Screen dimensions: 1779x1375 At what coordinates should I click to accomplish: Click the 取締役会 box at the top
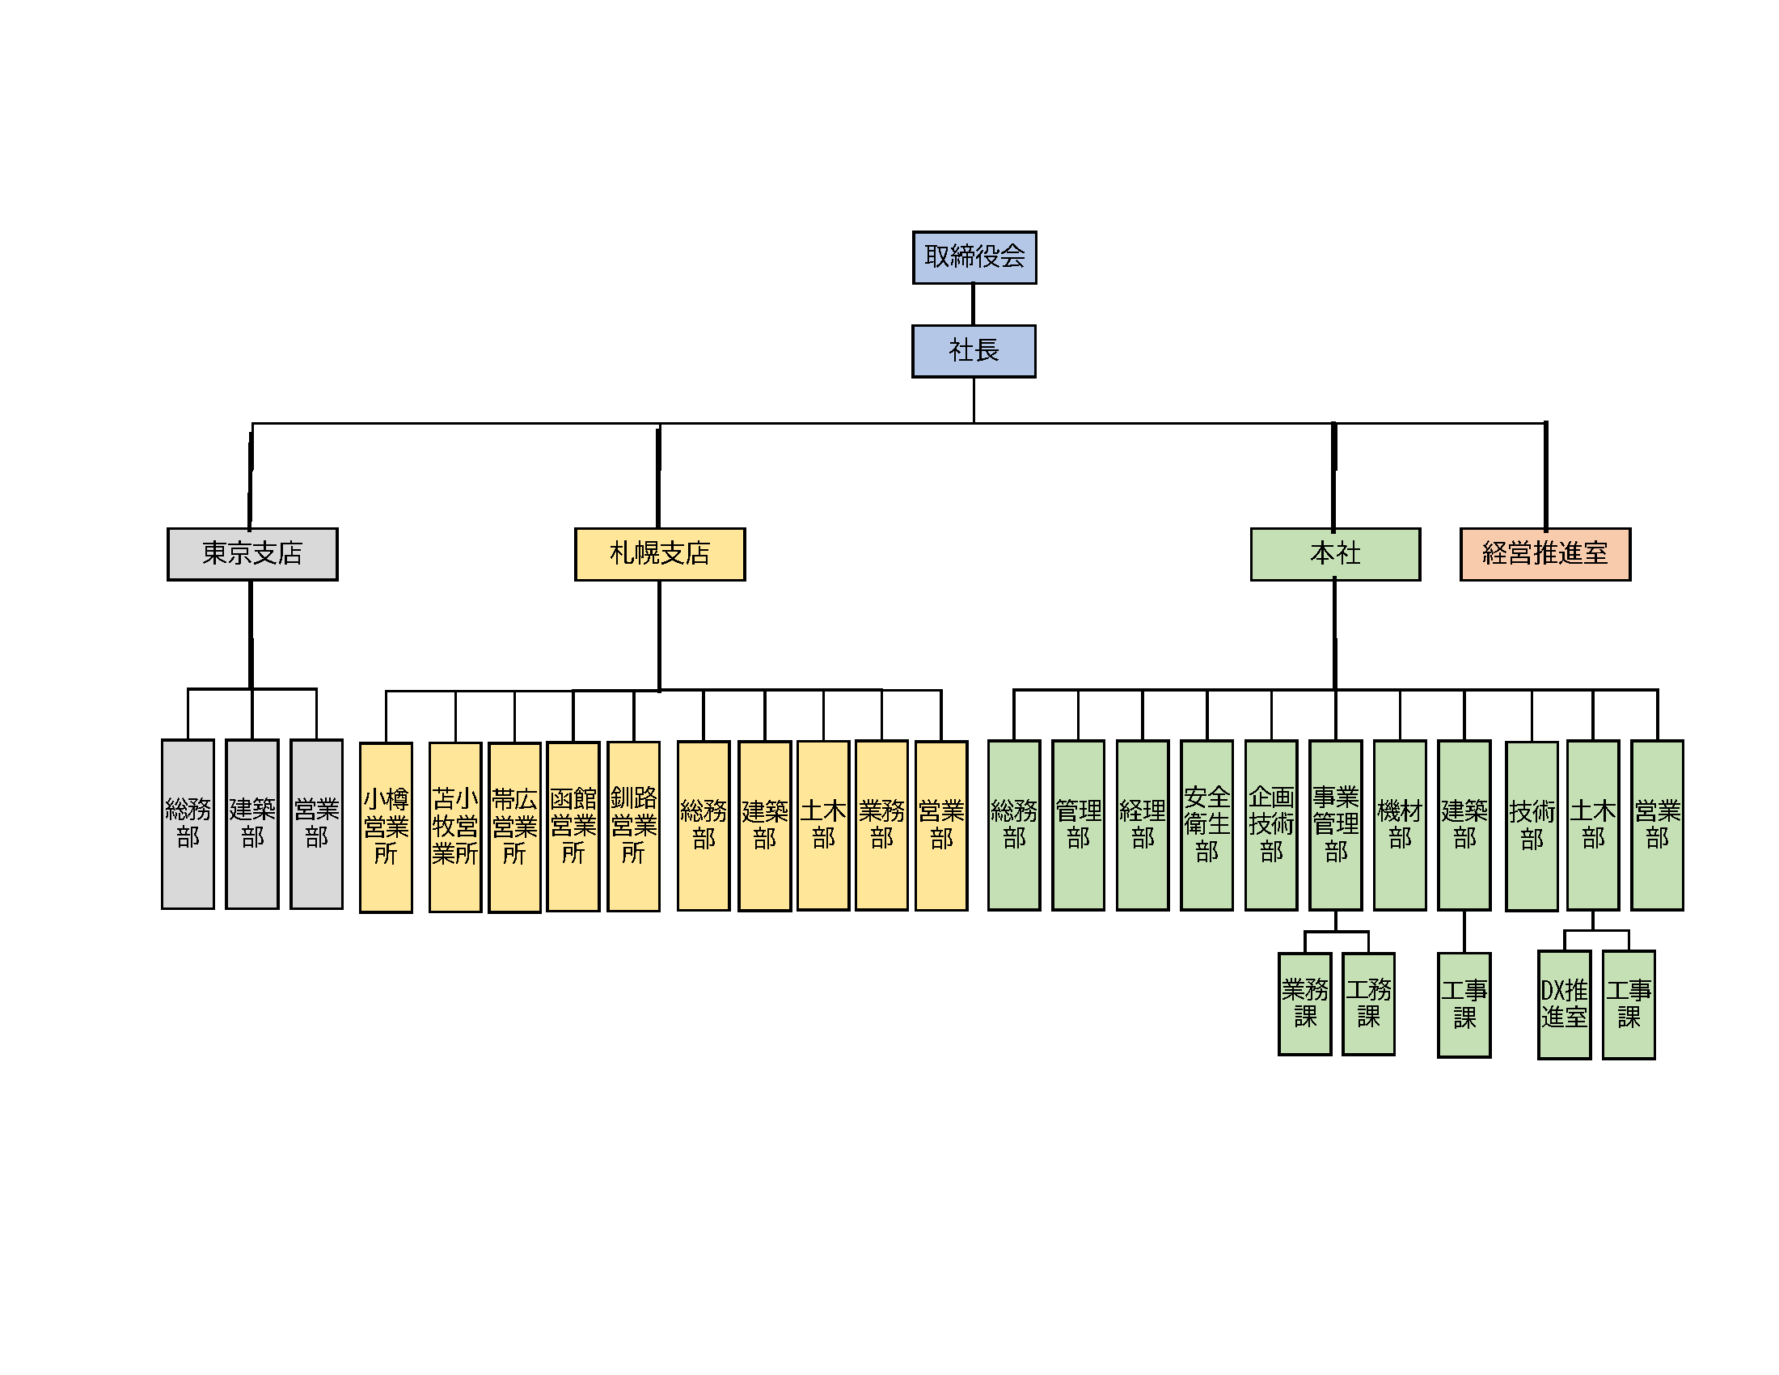click(x=974, y=257)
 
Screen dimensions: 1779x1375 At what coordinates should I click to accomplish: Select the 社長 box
click(x=974, y=351)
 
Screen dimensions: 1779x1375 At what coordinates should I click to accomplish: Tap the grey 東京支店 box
click(x=252, y=554)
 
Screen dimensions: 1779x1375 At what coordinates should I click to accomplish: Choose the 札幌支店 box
click(x=660, y=554)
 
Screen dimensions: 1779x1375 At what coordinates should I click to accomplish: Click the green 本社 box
click(x=1335, y=554)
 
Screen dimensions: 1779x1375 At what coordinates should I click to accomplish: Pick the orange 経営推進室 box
click(x=1545, y=554)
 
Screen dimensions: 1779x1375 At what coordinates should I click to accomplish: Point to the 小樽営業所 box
click(x=386, y=827)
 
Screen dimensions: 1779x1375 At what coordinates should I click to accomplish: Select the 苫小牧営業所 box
click(x=455, y=827)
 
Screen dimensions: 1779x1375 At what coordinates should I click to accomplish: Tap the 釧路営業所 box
click(x=634, y=826)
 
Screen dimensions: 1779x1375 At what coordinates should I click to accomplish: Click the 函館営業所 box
click(x=573, y=826)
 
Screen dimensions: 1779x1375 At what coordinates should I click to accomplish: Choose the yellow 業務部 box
click(x=881, y=825)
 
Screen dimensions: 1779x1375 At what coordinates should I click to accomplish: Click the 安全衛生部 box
click(x=1207, y=825)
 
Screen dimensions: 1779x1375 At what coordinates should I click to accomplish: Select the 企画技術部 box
click(x=1271, y=825)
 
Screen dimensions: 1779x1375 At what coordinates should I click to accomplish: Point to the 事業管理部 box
click(x=1336, y=825)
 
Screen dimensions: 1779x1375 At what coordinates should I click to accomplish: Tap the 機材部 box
click(x=1401, y=825)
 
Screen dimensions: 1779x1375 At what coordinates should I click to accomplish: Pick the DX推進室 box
click(x=1564, y=1005)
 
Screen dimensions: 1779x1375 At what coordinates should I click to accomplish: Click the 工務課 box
click(x=1368, y=1004)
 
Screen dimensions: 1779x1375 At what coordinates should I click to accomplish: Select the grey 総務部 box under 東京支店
click(x=188, y=823)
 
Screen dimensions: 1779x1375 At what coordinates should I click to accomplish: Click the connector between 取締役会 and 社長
click(x=974, y=305)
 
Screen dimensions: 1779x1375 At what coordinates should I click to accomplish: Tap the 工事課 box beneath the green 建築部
click(x=1464, y=1005)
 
